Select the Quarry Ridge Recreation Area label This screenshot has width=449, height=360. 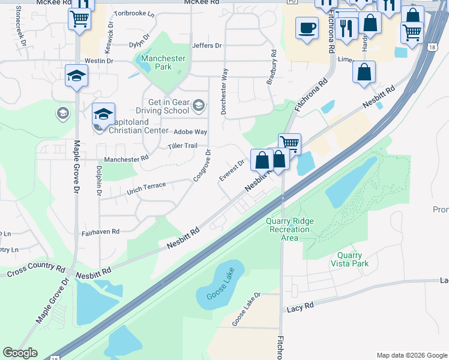(290, 229)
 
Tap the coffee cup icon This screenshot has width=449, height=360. (307, 28)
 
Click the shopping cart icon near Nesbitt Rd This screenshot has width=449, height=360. (289, 143)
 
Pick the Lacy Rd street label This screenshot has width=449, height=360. (300, 307)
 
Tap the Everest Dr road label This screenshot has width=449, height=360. (232, 169)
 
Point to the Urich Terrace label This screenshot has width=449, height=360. (146, 189)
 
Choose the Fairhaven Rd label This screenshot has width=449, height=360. (100, 231)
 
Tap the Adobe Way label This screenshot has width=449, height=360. (190, 131)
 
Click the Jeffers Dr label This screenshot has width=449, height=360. (206, 46)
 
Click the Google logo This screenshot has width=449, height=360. (20, 353)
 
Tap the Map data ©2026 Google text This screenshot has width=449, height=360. (411, 355)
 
